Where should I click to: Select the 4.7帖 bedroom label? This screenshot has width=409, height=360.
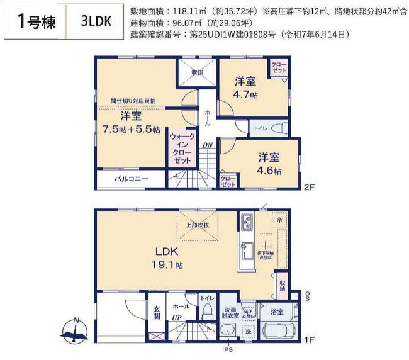click(x=245, y=87)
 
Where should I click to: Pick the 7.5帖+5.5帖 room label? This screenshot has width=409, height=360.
click(x=131, y=123)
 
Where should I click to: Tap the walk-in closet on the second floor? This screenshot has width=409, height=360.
click(x=183, y=148)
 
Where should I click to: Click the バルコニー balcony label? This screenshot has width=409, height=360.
click(x=131, y=179)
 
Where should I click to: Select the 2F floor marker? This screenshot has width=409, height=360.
click(x=308, y=188)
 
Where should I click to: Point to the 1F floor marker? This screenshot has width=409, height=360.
click(x=308, y=340)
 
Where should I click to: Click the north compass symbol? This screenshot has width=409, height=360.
click(x=76, y=330)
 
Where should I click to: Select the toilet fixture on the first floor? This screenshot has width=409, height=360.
click(x=206, y=313)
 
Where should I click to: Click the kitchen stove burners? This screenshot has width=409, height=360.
click(x=245, y=222)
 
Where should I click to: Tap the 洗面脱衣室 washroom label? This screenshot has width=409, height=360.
click(x=228, y=313)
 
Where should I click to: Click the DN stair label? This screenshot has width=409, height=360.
click(x=207, y=145)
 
